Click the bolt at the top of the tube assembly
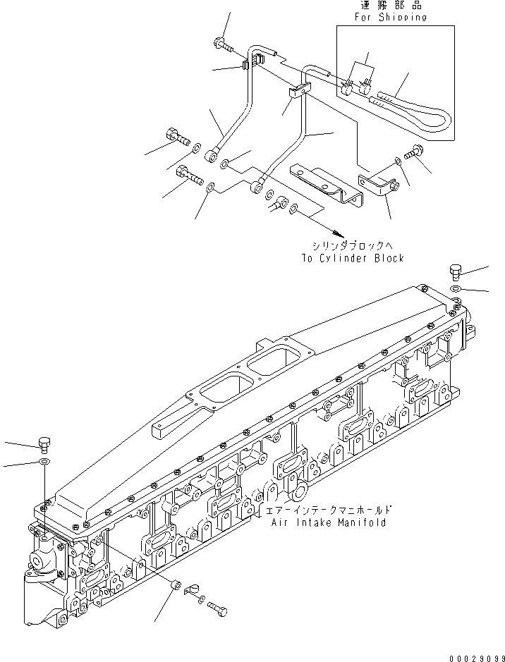click(219, 44)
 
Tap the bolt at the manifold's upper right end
click(455, 272)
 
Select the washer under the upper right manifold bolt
click(456, 289)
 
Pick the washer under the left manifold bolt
click(44, 462)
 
